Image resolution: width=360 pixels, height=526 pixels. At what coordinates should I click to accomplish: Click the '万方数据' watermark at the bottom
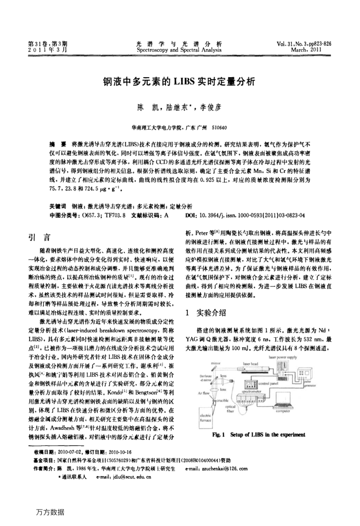(51, 512)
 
